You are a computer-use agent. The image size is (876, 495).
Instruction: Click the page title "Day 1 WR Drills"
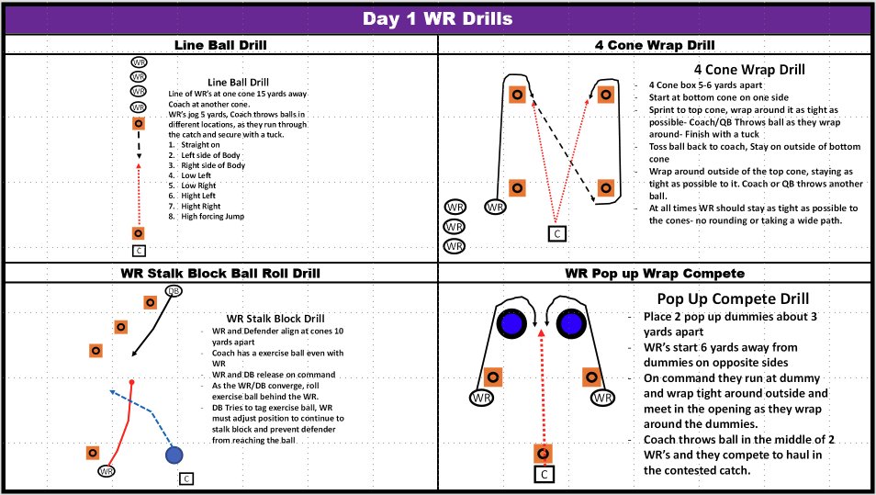pyautogui.click(x=437, y=18)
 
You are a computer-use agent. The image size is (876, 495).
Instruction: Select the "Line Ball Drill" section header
pyautogui.click(x=220, y=45)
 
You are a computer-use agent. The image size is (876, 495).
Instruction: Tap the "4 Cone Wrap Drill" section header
pyautogui.click(x=655, y=45)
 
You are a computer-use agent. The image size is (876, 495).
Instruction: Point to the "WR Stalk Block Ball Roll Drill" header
pyautogui.click(x=220, y=273)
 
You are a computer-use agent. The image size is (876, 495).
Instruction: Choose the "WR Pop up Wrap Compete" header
pyautogui.click(x=655, y=273)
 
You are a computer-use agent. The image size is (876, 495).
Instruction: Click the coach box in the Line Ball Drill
pyautogui.click(x=139, y=251)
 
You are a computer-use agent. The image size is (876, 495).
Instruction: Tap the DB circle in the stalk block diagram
pyautogui.click(x=174, y=291)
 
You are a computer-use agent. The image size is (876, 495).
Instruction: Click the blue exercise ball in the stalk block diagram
pyautogui.click(x=174, y=455)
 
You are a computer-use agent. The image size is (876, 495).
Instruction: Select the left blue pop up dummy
pyautogui.click(x=511, y=324)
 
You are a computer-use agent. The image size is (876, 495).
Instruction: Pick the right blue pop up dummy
pyautogui.click(x=571, y=324)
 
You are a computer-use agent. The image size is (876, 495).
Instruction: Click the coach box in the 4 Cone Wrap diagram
pyautogui.click(x=557, y=233)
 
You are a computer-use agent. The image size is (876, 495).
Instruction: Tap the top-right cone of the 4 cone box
pyautogui.click(x=606, y=95)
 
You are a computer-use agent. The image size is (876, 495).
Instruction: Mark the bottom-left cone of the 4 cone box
pyautogui.click(x=517, y=187)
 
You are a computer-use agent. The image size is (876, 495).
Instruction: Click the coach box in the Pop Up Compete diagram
pyautogui.click(x=545, y=475)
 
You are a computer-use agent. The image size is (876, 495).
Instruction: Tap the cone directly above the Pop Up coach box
pyautogui.click(x=543, y=454)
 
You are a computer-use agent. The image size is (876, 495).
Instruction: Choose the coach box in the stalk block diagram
pyautogui.click(x=186, y=478)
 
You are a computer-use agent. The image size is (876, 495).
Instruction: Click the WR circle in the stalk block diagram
pyautogui.click(x=107, y=471)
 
